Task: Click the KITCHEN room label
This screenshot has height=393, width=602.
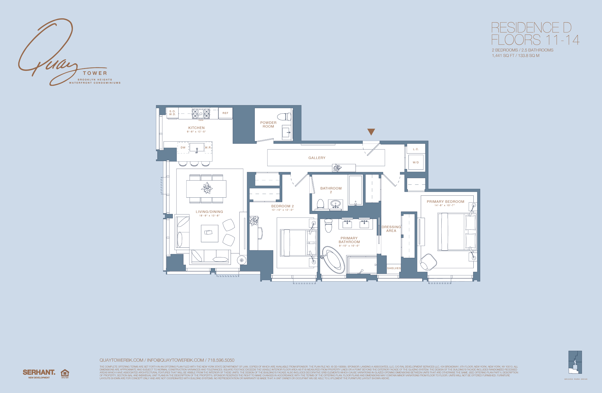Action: [x=196, y=128]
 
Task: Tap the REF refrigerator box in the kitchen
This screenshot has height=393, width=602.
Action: [x=225, y=113]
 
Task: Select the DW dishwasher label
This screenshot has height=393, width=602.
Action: [x=183, y=148]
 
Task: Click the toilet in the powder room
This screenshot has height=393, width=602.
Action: [x=284, y=117]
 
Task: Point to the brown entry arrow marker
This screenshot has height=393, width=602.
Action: [x=371, y=132]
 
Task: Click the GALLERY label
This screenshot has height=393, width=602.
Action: [x=317, y=158]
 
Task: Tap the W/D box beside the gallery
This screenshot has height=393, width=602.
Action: [x=416, y=162]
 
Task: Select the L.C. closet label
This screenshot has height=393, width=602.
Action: [x=416, y=149]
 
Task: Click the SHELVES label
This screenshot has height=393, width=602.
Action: [x=394, y=268]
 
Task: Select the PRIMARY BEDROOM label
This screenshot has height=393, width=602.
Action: [x=445, y=201]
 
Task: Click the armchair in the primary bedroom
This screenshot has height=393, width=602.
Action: [x=428, y=262]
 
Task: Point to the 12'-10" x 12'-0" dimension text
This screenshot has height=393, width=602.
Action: [x=283, y=210]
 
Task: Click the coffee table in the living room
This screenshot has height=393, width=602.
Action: [x=209, y=233]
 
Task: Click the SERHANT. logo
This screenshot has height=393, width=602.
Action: [x=39, y=372]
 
